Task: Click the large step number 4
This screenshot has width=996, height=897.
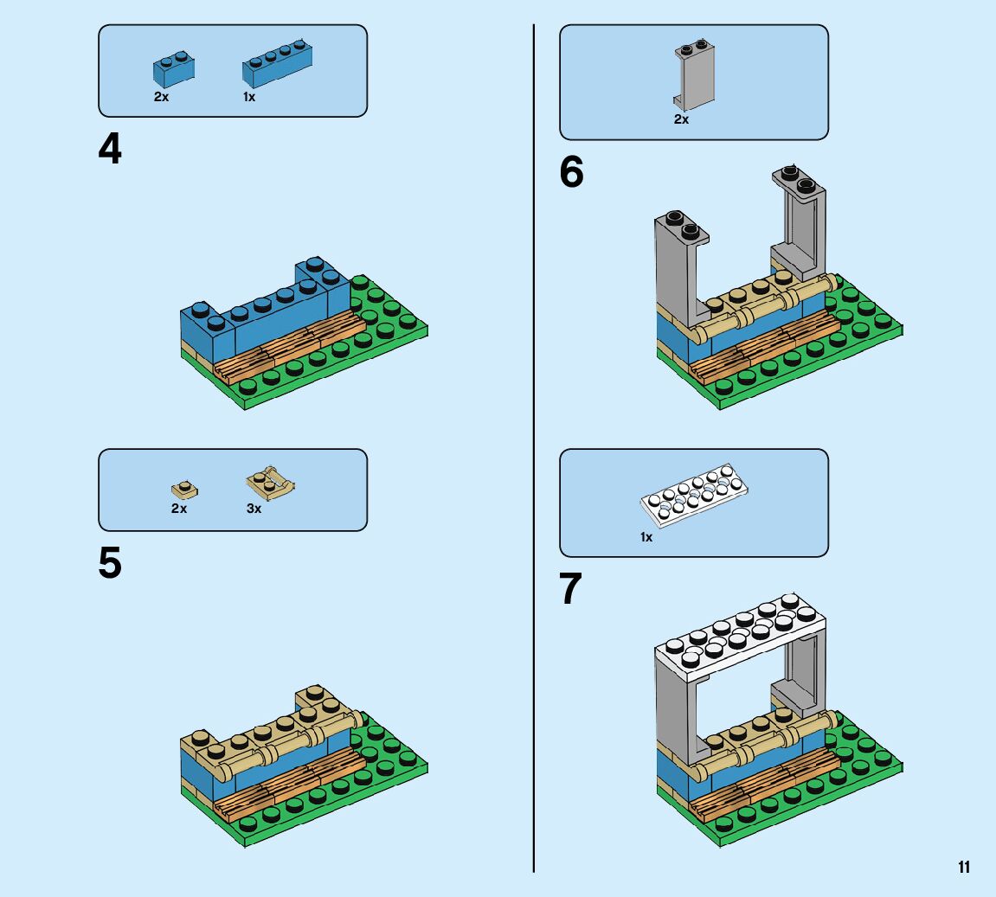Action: click(110, 150)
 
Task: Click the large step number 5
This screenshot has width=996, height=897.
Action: click(110, 563)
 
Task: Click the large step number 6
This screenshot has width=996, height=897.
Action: click(571, 172)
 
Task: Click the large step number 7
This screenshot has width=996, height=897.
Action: click(571, 590)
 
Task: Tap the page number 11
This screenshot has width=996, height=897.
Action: click(964, 868)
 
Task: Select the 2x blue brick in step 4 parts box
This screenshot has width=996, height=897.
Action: click(173, 69)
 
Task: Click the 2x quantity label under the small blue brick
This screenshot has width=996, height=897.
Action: click(161, 98)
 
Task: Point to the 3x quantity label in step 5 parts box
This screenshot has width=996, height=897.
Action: click(254, 509)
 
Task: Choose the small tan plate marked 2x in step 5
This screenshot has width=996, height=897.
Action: click(183, 490)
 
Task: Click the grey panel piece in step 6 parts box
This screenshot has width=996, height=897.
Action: click(694, 76)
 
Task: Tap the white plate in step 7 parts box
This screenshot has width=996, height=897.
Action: click(694, 498)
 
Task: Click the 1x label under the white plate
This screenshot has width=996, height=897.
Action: click(646, 537)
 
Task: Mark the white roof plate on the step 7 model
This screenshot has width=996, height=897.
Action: click(740, 635)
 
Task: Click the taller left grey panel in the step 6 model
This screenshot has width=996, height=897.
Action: click(676, 268)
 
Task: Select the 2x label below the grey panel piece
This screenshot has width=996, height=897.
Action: click(681, 120)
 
